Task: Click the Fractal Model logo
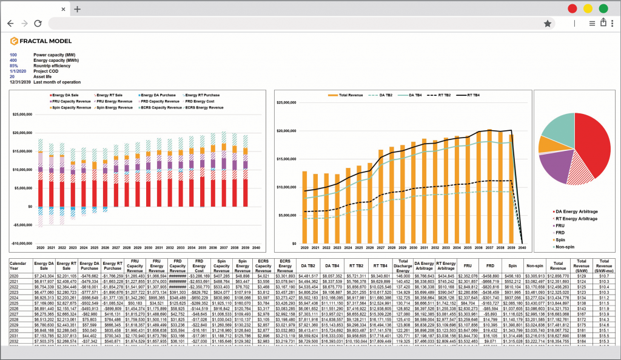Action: [x=41, y=41]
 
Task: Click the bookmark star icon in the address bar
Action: [x=548, y=23]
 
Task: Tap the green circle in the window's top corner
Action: [x=603, y=8]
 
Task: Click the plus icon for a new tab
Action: [x=77, y=9]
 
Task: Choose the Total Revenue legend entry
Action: [x=348, y=95]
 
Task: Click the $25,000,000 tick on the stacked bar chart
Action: [x=29, y=114]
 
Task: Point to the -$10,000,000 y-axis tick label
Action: [x=27, y=244]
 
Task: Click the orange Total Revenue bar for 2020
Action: [x=304, y=206]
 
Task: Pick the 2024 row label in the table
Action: [x=14, y=298]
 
